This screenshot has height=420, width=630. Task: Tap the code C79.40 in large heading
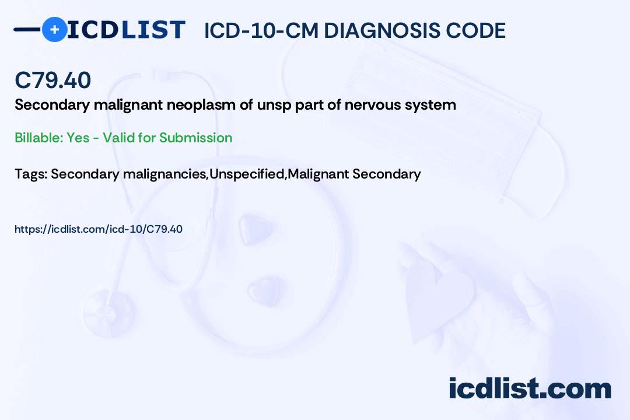(x=53, y=80)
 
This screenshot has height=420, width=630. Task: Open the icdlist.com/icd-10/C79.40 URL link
(x=99, y=229)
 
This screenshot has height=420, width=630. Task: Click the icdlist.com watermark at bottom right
(x=530, y=388)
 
